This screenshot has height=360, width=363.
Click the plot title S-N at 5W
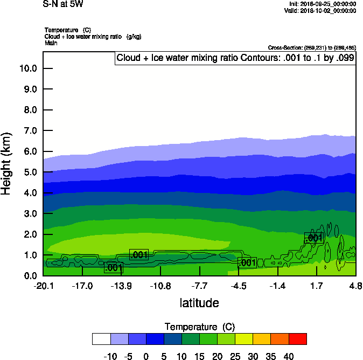point(63,4)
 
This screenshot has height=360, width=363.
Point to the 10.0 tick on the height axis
point(27,68)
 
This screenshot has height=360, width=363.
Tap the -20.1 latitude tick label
point(43,286)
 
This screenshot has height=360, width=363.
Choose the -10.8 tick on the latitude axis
point(160,286)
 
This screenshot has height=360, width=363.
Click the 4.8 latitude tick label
point(355,286)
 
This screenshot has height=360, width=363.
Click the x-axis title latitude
point(199,303)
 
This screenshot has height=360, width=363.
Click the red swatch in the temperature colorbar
point(298,338)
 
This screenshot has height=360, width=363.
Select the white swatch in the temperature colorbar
point(101,338)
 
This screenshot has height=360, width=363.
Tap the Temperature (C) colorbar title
point(200,327)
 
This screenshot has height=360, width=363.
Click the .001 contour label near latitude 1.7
point(313,238)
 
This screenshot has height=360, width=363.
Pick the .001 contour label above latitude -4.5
point(247,263)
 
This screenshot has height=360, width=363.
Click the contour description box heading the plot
point(235,58)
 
